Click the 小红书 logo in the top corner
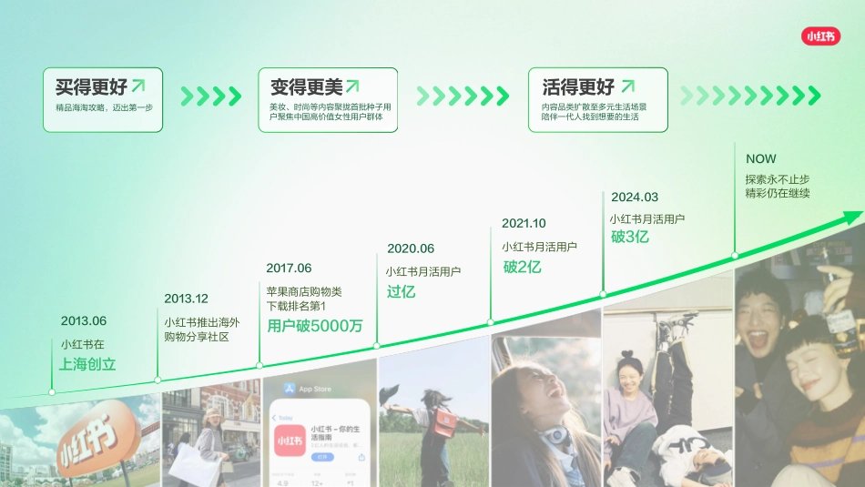[x=819, y=36]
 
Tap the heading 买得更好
[x=91, y=87]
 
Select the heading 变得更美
[x=307, y=87]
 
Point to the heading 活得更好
[x=578, y=87]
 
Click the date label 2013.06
[x=84, y=320]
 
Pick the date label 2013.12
[x=186, y=299]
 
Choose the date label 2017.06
[x=289, y=269]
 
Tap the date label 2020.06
[x=411, y=249]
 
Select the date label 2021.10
[x=524, y=223]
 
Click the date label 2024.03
[x=635, y=197]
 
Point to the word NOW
[x=761, y=158]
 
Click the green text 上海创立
[x=88, y=364]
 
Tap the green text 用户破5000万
[x=315, y=326]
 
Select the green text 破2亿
[x=523, y=267]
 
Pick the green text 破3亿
[x=630, y=237]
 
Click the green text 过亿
[x=401, y=291]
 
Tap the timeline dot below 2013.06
[x=52, y=391]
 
